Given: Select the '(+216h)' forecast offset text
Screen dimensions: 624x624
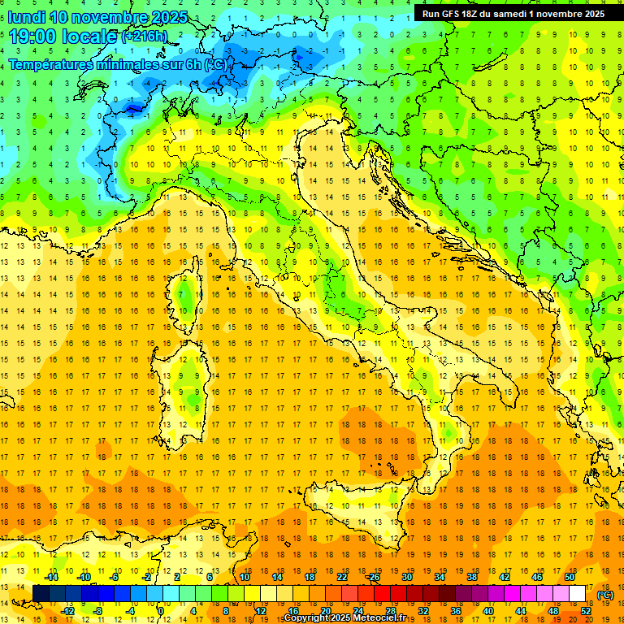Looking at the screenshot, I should coord(144,37).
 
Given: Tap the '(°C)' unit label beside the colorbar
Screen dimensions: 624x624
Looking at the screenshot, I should coord(605,595).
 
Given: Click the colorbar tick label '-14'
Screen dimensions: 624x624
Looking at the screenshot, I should coord(52,577).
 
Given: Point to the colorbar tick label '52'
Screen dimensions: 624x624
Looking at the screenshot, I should coord(586,611).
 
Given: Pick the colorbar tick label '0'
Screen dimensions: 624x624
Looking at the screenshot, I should coord(161,611).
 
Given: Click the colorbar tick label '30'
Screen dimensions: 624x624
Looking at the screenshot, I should coord(407,577).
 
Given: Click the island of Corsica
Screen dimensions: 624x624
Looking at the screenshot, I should coord(189,292).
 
